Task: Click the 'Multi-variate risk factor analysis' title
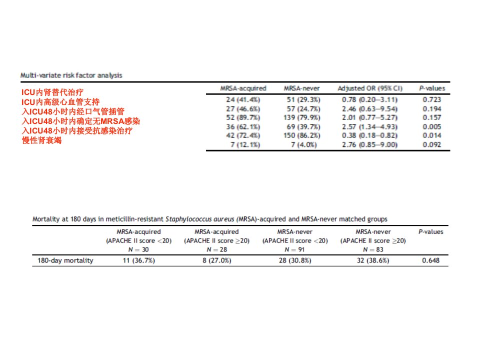tap(71, 75)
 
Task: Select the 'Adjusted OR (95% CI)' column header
tap(370, 88)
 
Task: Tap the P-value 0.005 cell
tap(431, 126)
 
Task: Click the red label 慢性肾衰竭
tap(41, 140)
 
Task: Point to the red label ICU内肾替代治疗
tap(52, 92)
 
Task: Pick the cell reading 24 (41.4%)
tap(243, 100)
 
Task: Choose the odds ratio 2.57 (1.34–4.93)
tap(369, 126)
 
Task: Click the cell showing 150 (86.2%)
tap(301, 135)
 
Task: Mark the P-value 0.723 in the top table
tap(431, 100)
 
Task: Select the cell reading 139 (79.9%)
tap(301, 117)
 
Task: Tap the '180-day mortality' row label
tap(65, 260)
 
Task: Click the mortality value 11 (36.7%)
tap(138, 260)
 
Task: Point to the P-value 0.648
tap(430, 260)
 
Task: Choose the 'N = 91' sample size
tap(294, 249)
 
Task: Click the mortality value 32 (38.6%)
tap(373, 260)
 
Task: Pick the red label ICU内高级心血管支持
tap(60, 102)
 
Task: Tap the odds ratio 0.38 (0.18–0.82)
tap(369, 135)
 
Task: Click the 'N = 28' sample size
tap(216, 249)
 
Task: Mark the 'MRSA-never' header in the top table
tap(301, 88)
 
